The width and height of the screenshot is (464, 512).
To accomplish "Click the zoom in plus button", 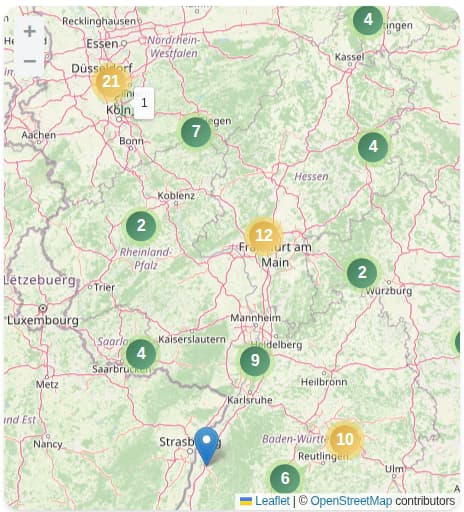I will pyautogui.click(x=30, y=32).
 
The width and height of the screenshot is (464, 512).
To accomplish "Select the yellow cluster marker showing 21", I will pyautogui.click(x=111, y=82).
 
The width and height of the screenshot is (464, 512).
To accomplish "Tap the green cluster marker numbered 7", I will pyautogui.click(x=196, y=131).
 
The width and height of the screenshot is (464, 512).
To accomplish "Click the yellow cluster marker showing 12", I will pyautogui.click(x=263, y=236).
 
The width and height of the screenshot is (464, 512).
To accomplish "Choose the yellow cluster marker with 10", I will pyautogui.click(x=344, y=438).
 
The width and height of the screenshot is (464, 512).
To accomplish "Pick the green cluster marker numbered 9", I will pyautogui.click(x=255, y=360).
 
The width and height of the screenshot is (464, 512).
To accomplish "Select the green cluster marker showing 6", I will pyautogui.click(x=285, y=478).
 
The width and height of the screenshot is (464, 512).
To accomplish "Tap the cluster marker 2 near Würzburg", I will pyautogui.click(x=361, y=272).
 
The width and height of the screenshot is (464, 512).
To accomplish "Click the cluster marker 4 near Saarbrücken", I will pyautogui.click(x=141, y=352).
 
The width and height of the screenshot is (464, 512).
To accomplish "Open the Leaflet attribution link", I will pyautogui.click(x=272, y=500).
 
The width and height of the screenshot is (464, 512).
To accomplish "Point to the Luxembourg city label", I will pyautogui.click(x=44, y=320).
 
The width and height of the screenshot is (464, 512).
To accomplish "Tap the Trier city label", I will pyautogui.click(x=105, y=287).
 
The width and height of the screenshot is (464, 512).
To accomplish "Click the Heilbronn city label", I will pyautogui.click(x=324, y=381).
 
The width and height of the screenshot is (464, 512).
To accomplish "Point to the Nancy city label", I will pyautogui.click(x=47, y=444).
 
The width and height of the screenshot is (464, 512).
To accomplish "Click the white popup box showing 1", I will pyautogui.click(x=144, y=102).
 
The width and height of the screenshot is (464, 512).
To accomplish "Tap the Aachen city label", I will pyautogui.click(x=39, y=134).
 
